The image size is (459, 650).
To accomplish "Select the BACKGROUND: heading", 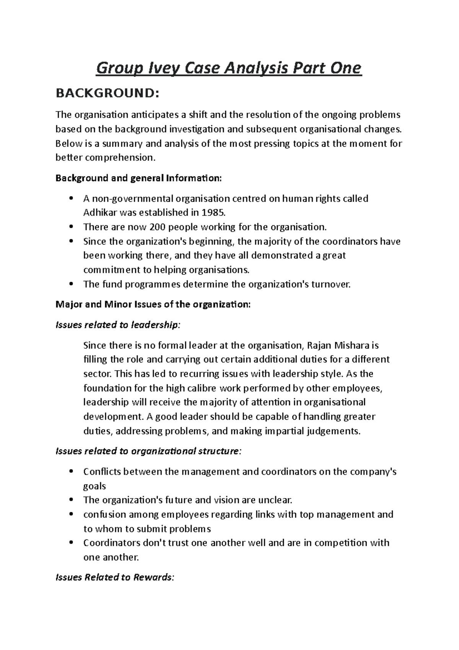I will (x=107, y=93).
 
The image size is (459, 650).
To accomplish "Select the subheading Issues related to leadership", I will (x=117, y=325).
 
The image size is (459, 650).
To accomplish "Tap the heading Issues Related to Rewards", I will (x=115, y=577).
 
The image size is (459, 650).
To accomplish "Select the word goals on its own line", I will (x=94, y=486).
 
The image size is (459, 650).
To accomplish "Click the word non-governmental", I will (x=132, y=199).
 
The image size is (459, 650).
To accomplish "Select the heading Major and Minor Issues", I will (x=153, y=305).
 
